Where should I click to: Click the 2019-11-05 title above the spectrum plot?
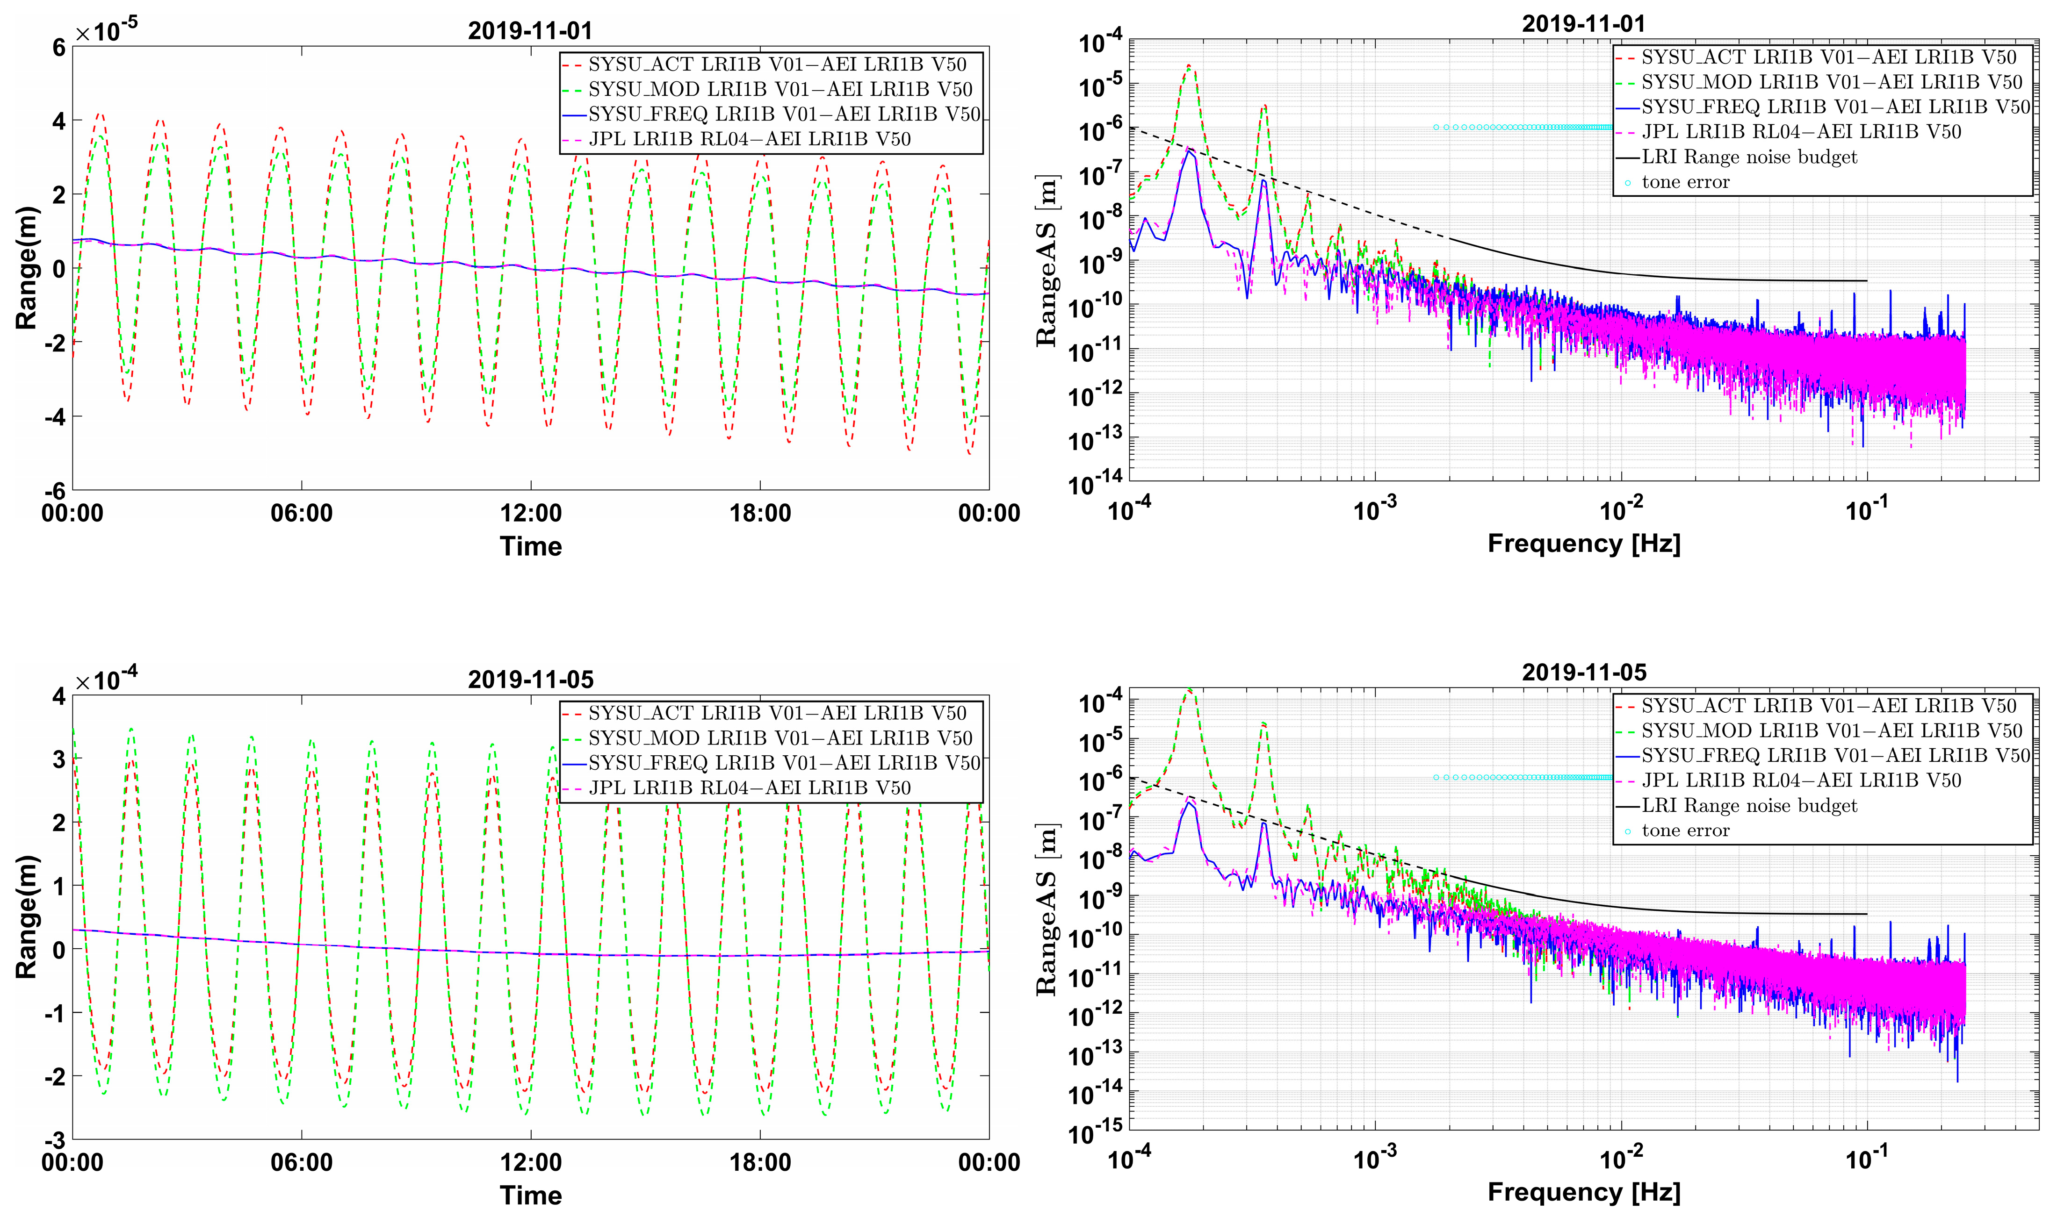click(1583, 673)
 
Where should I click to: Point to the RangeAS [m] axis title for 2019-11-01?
click(1046, 261)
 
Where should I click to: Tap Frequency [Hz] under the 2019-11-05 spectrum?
click(1583, 1192)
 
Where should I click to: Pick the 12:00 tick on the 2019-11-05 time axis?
click(531, 1162)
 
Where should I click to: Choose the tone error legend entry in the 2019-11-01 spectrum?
click(1685, 182)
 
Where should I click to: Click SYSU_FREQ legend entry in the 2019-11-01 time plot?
click(783, 114)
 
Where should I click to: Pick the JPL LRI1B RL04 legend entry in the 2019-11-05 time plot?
click(749, 788)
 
